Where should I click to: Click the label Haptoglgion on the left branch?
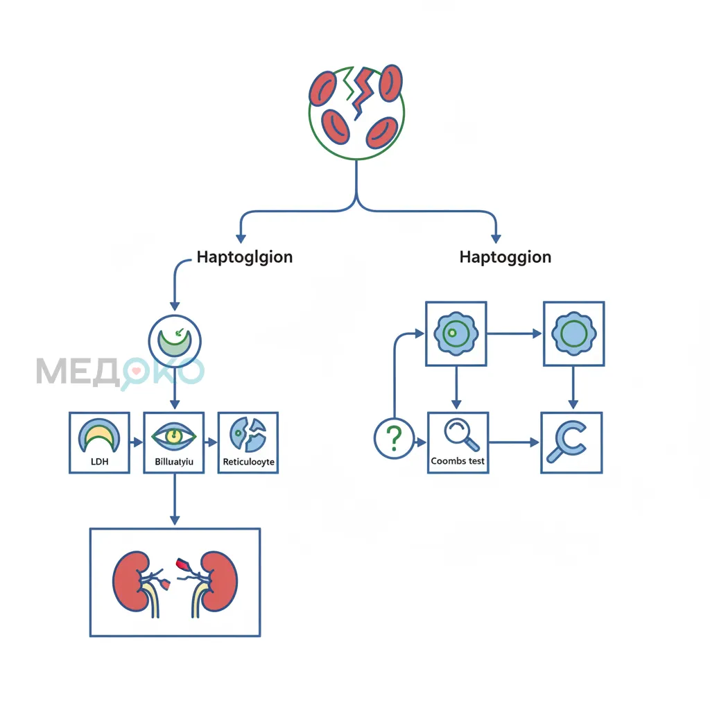pyautogui.click(x=245, y=257)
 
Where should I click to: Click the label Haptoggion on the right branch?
pyautogui.click(x=505, y=257)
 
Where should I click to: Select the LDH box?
pyautogui.click(x=100, y=442)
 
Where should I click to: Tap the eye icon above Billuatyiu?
pyautogui.click(x=174, y=436)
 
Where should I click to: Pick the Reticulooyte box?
pyautogui.click(x=248, y=442)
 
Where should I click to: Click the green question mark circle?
pyautogui.click(x=394, y=438)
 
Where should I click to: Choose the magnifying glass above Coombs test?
pyautogui.click(x=461, y=434)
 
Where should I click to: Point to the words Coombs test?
pyautogui.click(x=458, y=461)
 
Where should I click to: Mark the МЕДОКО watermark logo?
pyautogui.click(x=120, y=372)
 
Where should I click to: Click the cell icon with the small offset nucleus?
pyautogui.click(x=456, y=334)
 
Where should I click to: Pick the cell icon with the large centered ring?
pyautogui.click(x=573, y=334)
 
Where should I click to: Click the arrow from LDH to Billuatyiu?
pyautogui.click(x=137, y=442)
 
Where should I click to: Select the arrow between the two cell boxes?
pyautogui.click(x=514, y=334)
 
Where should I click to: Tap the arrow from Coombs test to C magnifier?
pyautogui.click(x=514, y=442)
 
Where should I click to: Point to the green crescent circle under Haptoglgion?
pyautogui.click(x=174, y=341)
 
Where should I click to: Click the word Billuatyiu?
pyautogui.click(x=174, y=462)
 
